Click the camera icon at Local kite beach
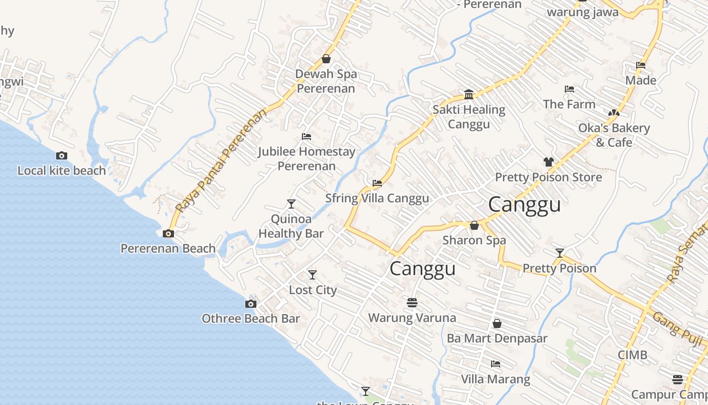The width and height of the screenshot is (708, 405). pyautogui.click(x=62, y=155)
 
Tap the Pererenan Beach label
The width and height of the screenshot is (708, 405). pyautogui.click(x=168, y=249)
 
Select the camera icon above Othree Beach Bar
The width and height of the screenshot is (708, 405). pyautogui.click(x=250, y=304)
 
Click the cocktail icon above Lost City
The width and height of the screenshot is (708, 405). pyautogui.click(x=313, y=275)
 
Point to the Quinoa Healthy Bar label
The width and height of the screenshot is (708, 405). pyautogui.click(x=291, y=226)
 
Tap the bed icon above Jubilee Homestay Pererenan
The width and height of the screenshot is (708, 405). pyautogui.click(x=306, y=137)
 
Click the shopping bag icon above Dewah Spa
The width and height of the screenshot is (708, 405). pyautogui.click(x=326, y=59)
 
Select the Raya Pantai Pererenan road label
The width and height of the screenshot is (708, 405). pyautogui.click(x=221, y=161)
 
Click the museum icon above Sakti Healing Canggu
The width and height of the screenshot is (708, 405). pyautogui.click(x=468, y=95)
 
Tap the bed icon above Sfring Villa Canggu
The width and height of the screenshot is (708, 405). pyautogui.click(x=377, y=183)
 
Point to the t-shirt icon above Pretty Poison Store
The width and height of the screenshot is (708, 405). pyautogui.click(x=548, y=162)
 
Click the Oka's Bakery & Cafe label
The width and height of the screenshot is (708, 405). pyautogui.click(x=614, y=135)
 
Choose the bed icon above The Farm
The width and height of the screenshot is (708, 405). pyautogui.click(x=569, y=90)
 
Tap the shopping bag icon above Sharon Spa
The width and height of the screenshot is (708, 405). pyautogui.click(x=474, y=225)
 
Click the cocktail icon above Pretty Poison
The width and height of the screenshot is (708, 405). pyautogui.click(x=559, y=253)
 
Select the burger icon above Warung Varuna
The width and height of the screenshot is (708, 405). pyautogui.click(x=412, y=303)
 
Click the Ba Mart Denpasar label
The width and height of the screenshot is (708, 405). pyautogui.click(x=497, y=338)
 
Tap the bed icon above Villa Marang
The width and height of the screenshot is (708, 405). pyautogui.click(x=496, y=364)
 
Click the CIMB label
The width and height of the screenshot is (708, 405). pyautogui.click(x=632, y=355)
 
